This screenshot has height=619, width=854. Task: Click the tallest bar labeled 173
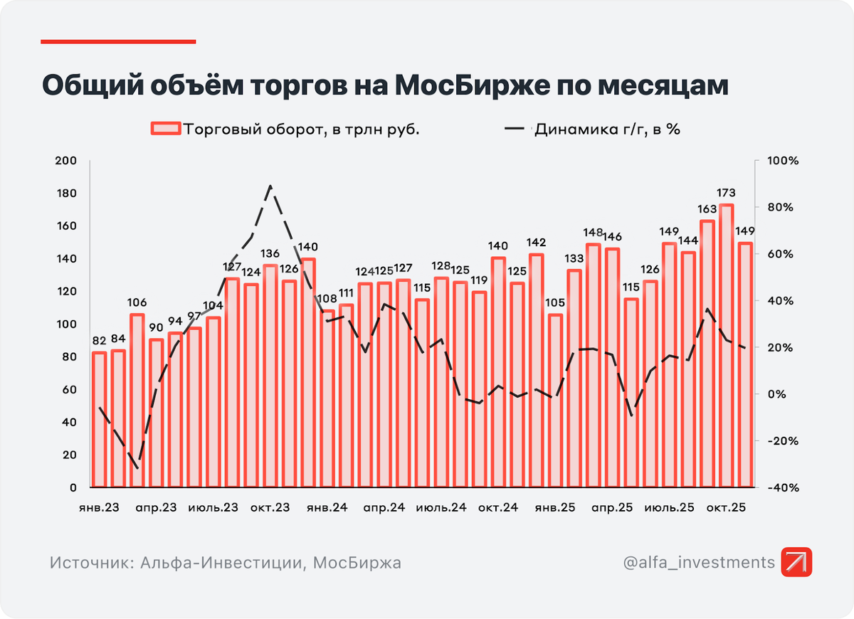point(726,346)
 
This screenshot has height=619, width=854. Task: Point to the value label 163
point(707,209)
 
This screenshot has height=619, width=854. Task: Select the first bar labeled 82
point(99,419)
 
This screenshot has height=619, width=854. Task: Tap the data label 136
point(270,254)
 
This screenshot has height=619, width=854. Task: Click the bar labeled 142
point(536,370)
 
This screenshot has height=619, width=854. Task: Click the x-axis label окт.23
point(270,508)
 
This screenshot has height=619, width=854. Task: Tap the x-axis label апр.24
point(384,508)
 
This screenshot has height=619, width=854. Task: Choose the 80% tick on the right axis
point(783,207)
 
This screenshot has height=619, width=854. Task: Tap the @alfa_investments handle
point(698,563)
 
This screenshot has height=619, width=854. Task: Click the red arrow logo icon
point(796,563)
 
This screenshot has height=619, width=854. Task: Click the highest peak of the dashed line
point(270,186)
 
